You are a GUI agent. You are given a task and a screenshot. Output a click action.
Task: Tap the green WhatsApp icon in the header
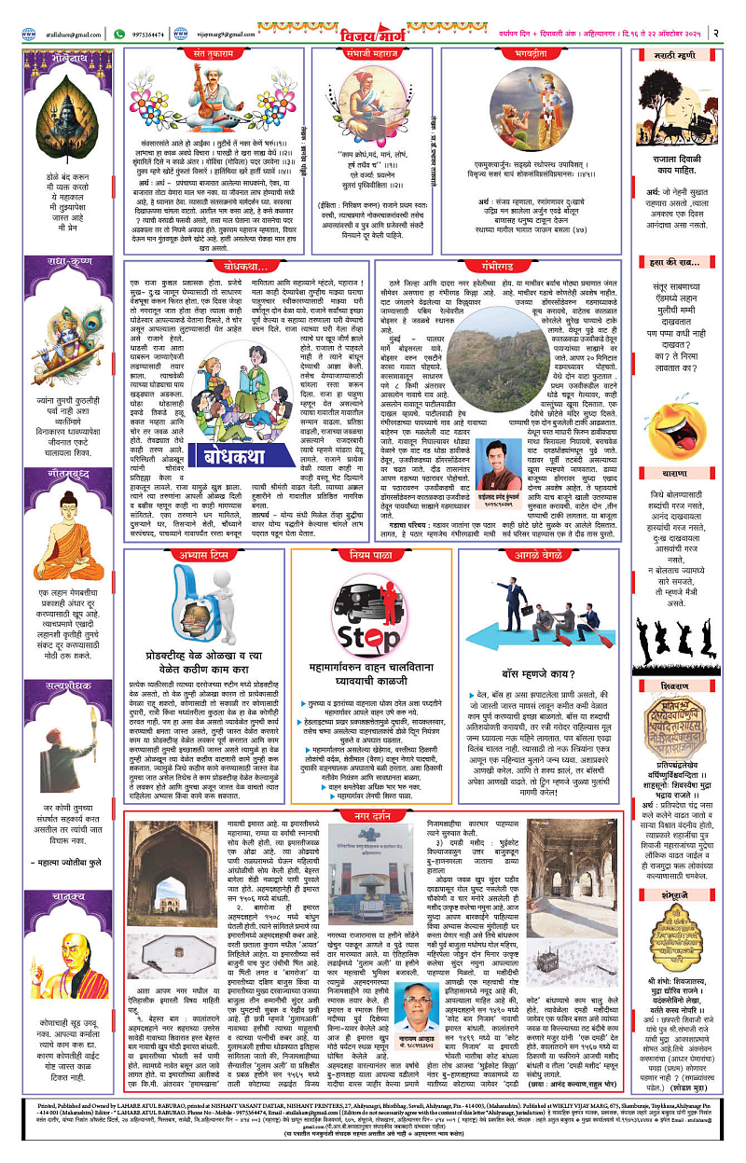pos(119,34)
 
